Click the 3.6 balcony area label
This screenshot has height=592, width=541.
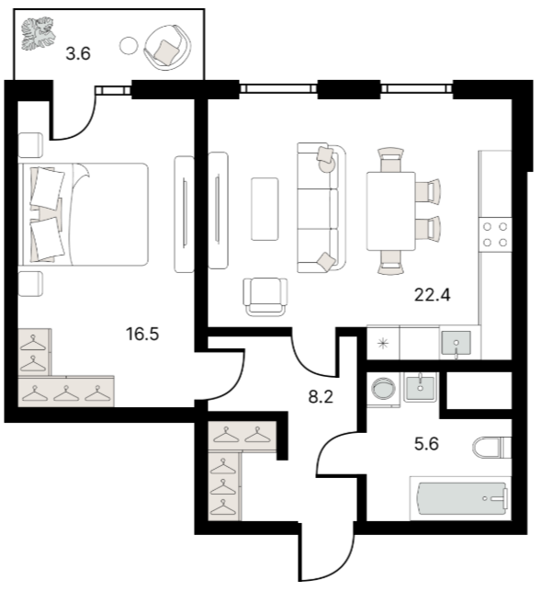(x=78, y=53)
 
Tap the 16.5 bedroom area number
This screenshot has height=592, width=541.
(x=142, y=334)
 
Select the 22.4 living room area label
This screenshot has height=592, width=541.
(x=433, y=294)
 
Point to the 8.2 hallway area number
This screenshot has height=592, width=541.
(x=321, y=397)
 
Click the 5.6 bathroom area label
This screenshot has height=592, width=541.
(x=426, y=444)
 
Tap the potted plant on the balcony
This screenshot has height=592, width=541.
(x=38, y=33)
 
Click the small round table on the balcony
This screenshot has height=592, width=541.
(x=129, y=46)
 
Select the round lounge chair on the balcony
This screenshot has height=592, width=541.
(x=167, y=47)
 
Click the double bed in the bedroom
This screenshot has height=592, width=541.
(x=84, y=214)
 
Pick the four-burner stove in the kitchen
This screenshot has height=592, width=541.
(x=495, y=234)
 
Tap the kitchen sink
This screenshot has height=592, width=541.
(x=456, y=343)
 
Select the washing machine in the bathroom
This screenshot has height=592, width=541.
(x=384, y=389)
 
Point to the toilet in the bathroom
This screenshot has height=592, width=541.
(x=491, y=448)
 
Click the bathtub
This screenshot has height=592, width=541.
(x=462, y=498)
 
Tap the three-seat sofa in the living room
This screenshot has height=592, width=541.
(x=321, y=208)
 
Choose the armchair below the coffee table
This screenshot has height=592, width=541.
(x=265, y=297)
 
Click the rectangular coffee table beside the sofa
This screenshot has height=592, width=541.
(x=265, y=209)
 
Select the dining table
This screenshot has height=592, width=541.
(x=391, y=211)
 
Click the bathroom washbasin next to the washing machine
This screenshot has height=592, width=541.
(x=420, y=387)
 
